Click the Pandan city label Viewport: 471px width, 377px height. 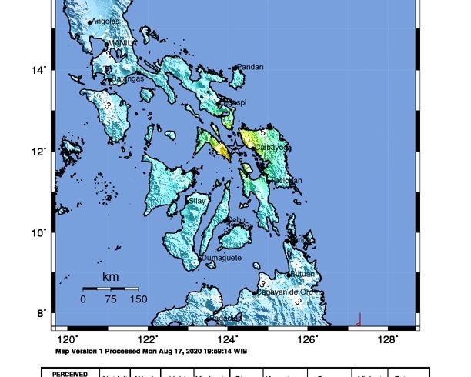[x=250, y=67]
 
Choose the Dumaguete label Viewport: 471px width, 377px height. [x=223, y=258]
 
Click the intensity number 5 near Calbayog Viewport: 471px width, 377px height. [x=262, y=133]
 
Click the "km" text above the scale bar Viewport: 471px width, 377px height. [x=110, y=276]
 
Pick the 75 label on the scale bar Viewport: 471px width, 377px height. [x=109, y=299]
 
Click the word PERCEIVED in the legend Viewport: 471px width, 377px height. [x=74, y=372]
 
